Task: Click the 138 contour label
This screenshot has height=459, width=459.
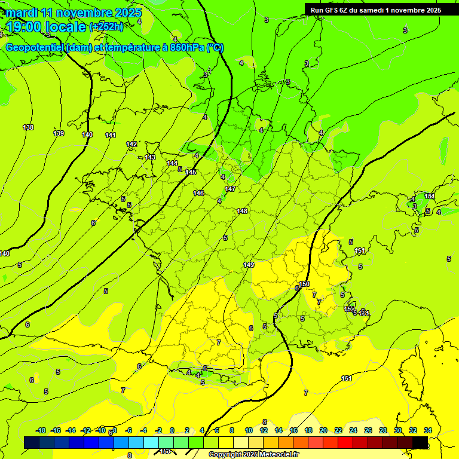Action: click(x=28, y=127)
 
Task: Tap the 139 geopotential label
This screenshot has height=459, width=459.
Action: click(x=59, y=133)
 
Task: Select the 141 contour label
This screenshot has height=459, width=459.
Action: click(x=111, y=135)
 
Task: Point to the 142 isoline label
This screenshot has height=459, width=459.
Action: click(x=131, y=144)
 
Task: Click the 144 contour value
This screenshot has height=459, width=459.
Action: click(x=172, y=163)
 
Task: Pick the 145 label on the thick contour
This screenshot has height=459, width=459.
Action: click(x=191, y=172)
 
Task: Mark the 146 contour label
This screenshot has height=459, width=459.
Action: click(x=199, y=193)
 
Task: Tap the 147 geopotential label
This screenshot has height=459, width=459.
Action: click(x=230, y=189)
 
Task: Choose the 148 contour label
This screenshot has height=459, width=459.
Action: click(x=242, y=211)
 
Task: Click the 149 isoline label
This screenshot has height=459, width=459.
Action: click(x=249, y=265)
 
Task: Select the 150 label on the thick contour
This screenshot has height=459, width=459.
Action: click(x=304, y=284)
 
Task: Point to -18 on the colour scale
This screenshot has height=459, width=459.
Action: click(x=41, y=430)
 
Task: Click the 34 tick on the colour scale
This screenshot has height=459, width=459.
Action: click(x=428, y=430)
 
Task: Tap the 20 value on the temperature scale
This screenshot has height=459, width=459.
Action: click(x=323, y=430)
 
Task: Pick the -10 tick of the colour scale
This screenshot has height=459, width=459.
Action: click(x=101, y=430)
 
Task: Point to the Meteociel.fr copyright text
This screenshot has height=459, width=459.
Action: click(x=253, y=454)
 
